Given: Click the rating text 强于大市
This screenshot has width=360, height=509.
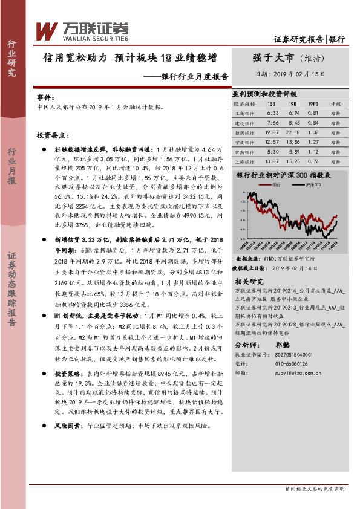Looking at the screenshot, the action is click(273, 58).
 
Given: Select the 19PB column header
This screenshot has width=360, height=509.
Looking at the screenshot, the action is click(313, 103).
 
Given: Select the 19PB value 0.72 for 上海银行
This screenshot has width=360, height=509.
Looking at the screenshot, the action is click(313, 161).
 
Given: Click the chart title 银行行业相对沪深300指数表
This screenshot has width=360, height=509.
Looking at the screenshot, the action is click(283, 174).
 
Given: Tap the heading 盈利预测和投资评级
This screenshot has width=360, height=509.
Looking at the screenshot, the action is click(264, 94).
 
